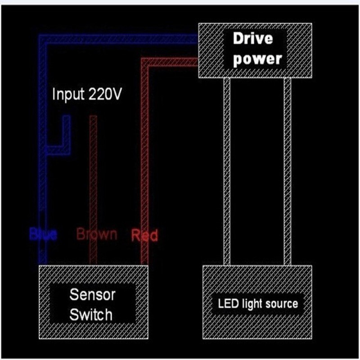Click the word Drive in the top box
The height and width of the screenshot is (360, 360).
pos(252,39)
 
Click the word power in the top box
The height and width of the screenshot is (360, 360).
pos(257,59)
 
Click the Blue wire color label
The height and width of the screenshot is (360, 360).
pos(43,234)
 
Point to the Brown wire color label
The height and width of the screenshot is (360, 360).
pos(97,234)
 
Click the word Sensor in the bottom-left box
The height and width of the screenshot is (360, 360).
pos(92,295)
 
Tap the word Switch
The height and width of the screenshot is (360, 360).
pos(91,315)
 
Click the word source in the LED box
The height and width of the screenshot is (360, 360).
pos(281,304)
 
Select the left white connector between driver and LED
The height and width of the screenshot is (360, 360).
pos(227,171)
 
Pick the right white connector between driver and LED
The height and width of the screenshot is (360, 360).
pos(287,171)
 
